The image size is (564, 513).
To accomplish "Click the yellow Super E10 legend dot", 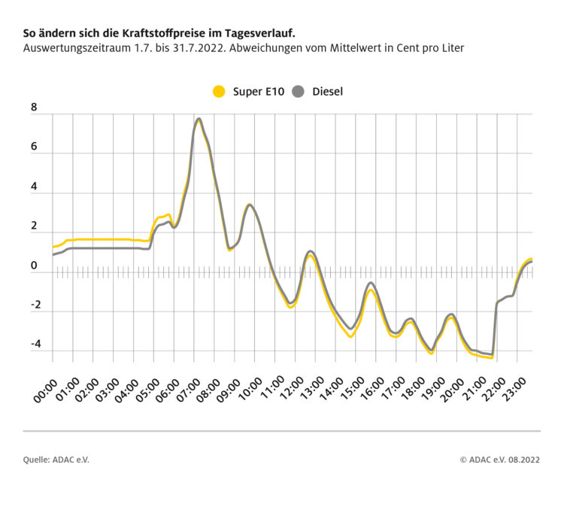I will pyautogui.click(x=220, y=92).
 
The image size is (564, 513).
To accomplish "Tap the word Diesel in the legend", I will pyautogui.click(x=327, y=92).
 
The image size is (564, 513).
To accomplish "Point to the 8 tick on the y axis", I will pyautogui.click(x=34, y=108).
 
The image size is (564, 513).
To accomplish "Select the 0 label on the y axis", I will pyautogui.click(x=34, y=266).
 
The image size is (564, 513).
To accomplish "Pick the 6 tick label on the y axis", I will pyautogui.click(x=34, y=147).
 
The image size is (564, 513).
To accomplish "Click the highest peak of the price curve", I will pyautogui.click(x=199, y=119).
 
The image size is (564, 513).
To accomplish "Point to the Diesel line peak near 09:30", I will pyautogui.click(x=250, y=205).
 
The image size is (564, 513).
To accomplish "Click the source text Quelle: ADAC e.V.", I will pyautogui.click(x=56, y=460).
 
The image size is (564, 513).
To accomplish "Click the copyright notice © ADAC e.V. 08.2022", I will pyautogui.click(x=500, y=460).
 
